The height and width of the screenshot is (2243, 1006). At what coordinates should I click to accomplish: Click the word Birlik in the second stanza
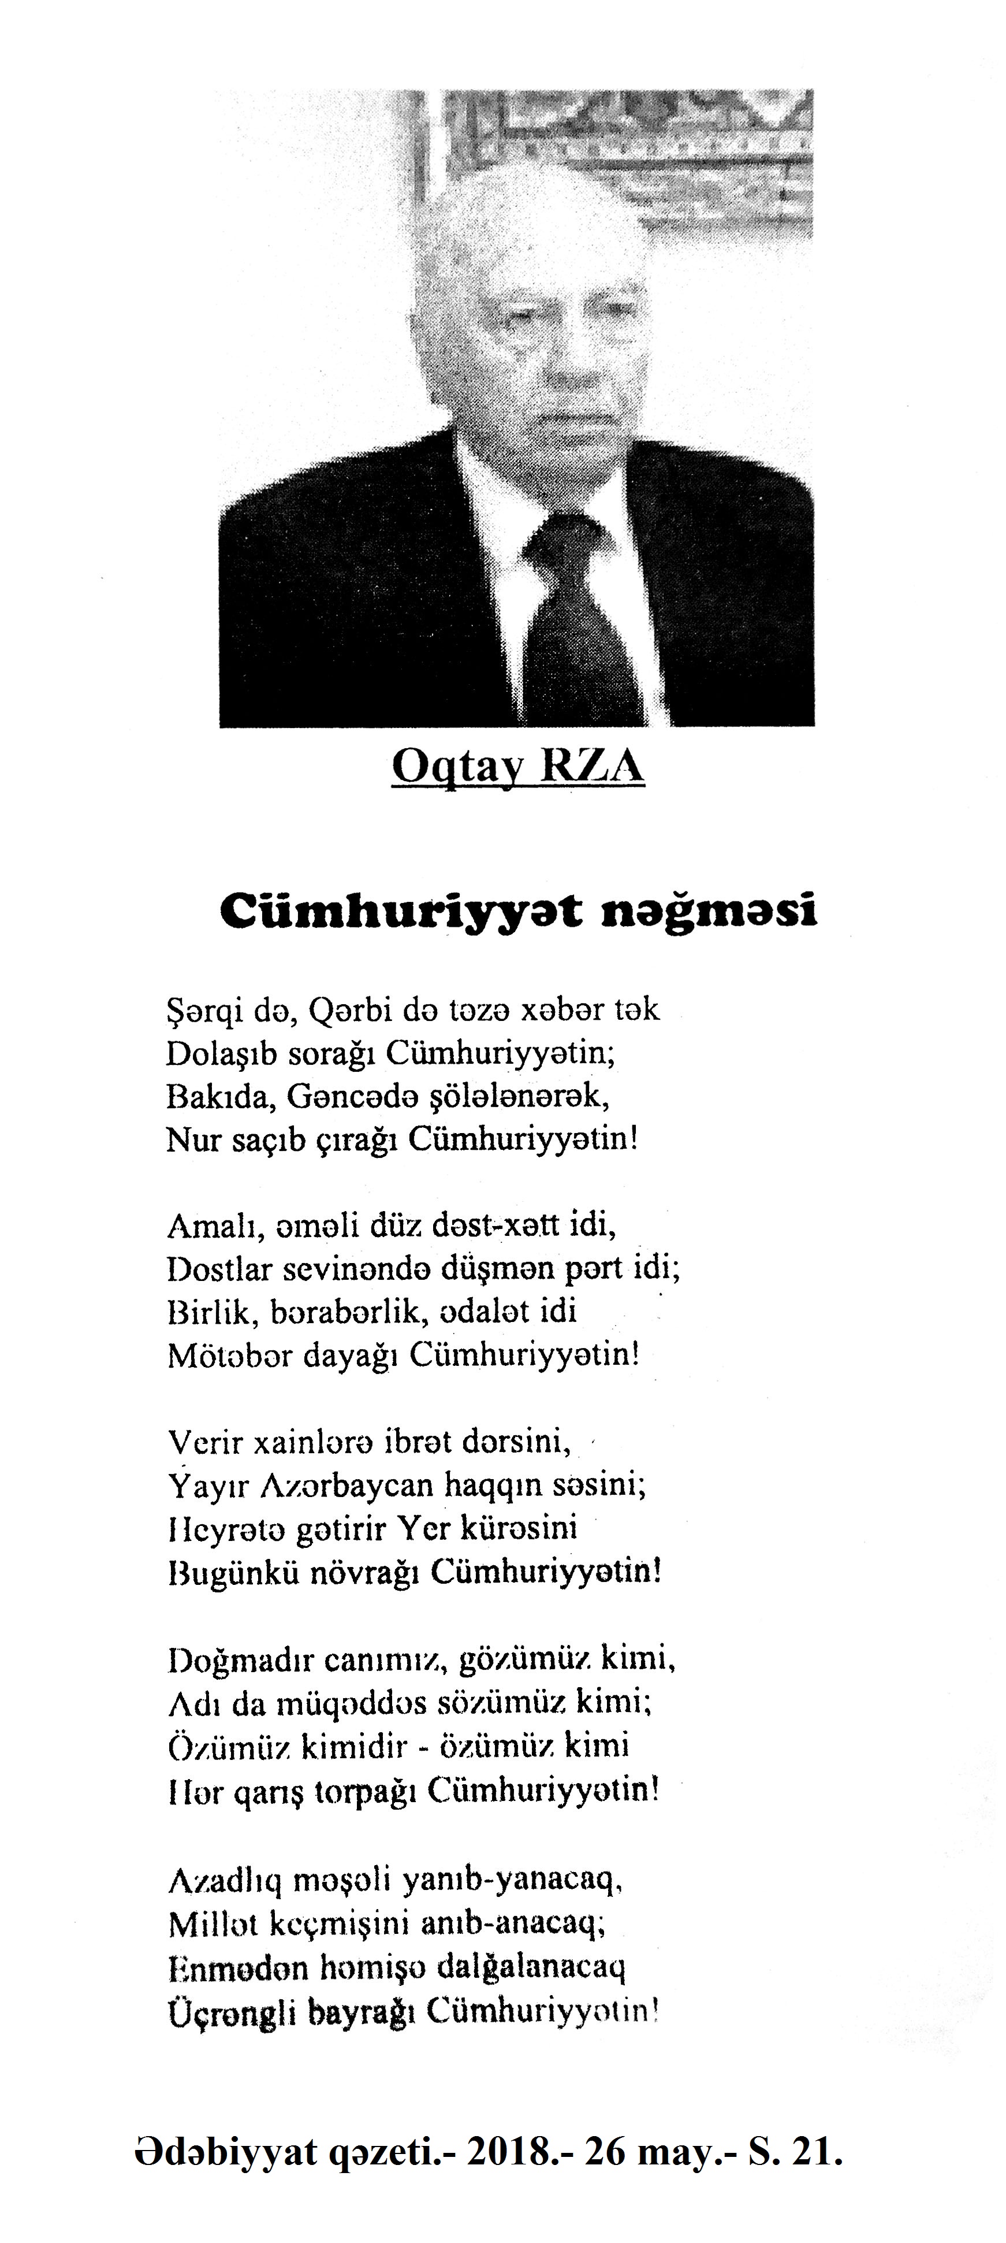click(206, 1312)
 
